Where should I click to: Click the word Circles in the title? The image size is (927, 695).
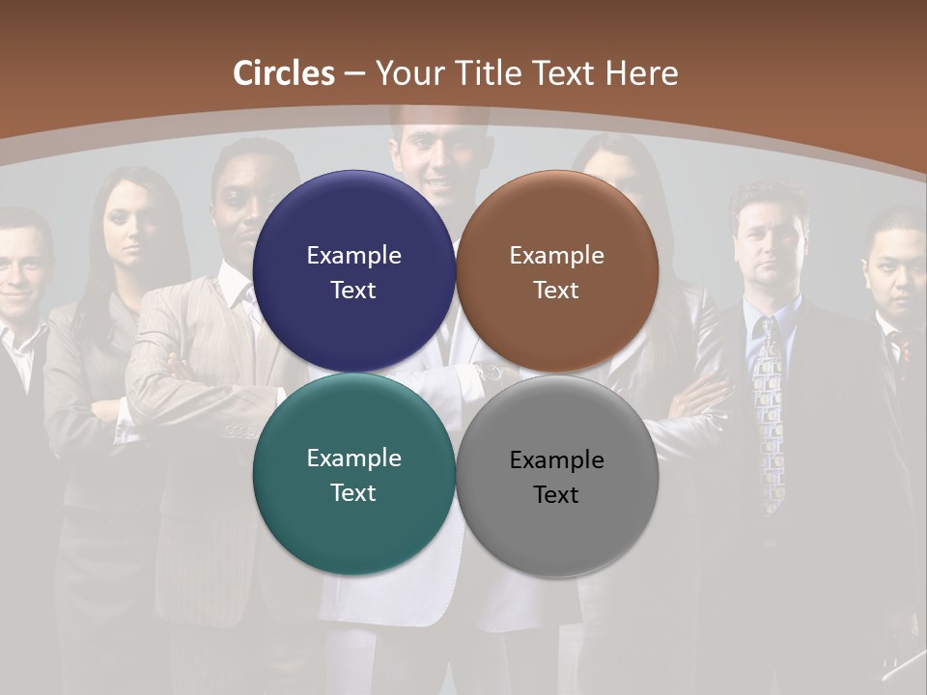click(284, 73)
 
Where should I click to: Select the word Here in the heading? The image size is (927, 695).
click(641, 73)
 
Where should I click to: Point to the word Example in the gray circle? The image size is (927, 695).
click(557, 460)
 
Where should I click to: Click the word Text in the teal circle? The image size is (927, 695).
click(353, 492)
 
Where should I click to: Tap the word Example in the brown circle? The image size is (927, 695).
click(557, 256)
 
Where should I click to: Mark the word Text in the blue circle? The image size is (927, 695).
click(353, 290)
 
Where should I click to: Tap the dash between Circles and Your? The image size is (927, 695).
click(354, 73)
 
